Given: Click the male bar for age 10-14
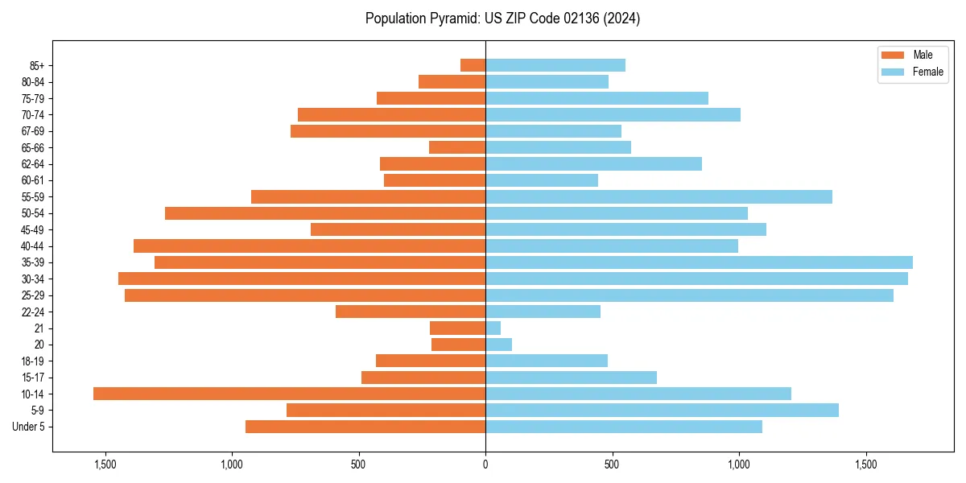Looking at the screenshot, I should [289, 394].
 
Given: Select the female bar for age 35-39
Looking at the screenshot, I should [699, 262].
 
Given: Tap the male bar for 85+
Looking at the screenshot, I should [473, 65].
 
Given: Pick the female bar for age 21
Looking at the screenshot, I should [493, 328].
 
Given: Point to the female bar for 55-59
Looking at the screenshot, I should [658, 196].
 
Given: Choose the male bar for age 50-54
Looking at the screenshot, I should [325, 213].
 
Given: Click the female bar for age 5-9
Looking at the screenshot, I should [662, 410].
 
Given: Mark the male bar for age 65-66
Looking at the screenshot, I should [457, 147].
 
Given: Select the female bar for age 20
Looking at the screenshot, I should [498, 345].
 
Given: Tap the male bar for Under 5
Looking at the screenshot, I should [365, 427].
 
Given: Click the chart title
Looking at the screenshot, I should [502, 19].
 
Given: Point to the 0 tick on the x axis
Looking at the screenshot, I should [485, 464].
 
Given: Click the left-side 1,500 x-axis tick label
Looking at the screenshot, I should [105, 464].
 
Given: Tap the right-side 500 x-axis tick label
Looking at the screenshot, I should [612, 464].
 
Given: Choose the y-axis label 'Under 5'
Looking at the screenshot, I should [28, 427].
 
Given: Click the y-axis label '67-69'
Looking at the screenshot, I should [33, 131].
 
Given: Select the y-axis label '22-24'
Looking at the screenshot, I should [33, 312].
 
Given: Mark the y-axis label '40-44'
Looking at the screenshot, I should [33, 246].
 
